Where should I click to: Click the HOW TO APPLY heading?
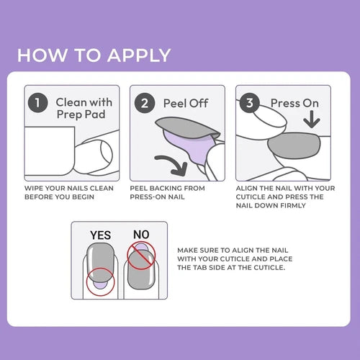point(94,55)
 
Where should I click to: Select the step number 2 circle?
point(145,103)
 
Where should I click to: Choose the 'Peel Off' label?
point(186,103)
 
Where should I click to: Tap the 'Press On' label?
point(294,103)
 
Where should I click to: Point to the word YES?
point(100,235)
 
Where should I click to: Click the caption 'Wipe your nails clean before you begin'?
point(68,192)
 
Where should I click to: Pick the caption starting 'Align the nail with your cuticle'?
point(284,197)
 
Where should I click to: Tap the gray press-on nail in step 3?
point(294,146)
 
